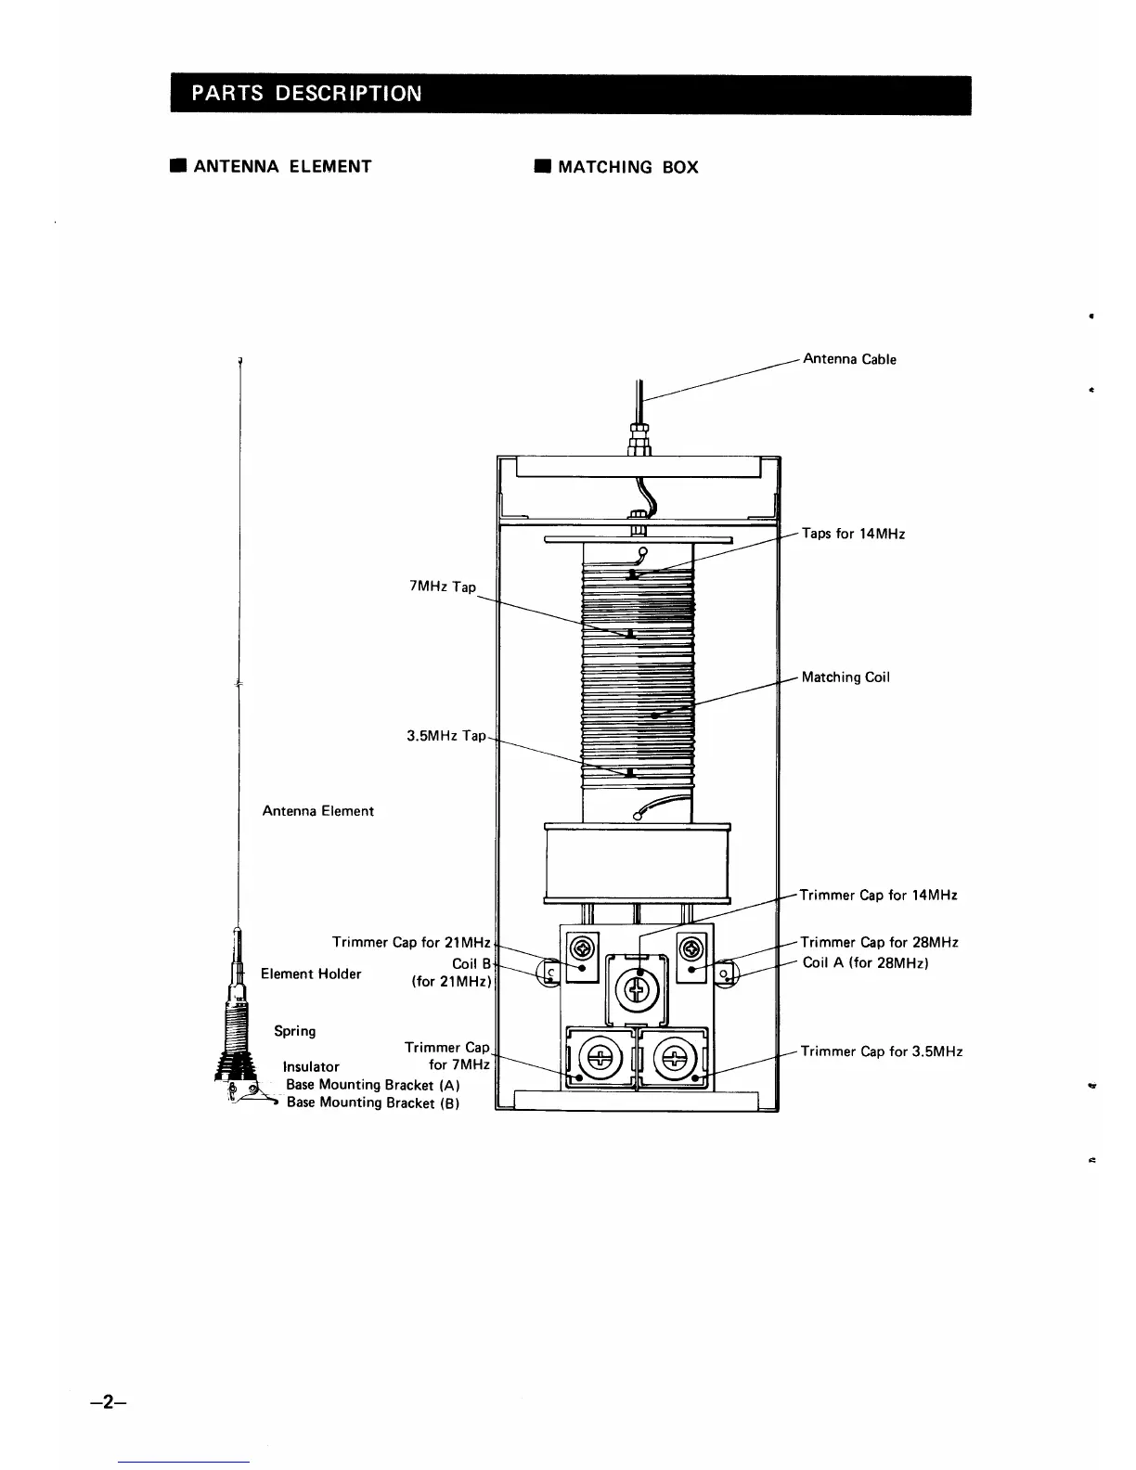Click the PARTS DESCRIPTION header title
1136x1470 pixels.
306,94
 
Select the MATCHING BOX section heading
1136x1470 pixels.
627,167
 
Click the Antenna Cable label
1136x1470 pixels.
849,359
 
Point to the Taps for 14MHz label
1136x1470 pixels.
853,534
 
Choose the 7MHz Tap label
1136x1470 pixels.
442,587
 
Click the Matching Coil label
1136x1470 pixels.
846,677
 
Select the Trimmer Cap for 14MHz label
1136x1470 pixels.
878,896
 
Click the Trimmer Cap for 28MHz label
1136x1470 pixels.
879,943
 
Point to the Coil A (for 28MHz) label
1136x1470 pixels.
866,963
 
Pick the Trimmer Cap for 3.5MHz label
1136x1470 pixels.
881,1051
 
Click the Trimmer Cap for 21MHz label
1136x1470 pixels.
411,943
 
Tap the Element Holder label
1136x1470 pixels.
311,974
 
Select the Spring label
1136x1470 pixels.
294,1031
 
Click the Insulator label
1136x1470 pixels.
311,1067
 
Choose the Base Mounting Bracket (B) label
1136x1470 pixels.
373,1102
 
